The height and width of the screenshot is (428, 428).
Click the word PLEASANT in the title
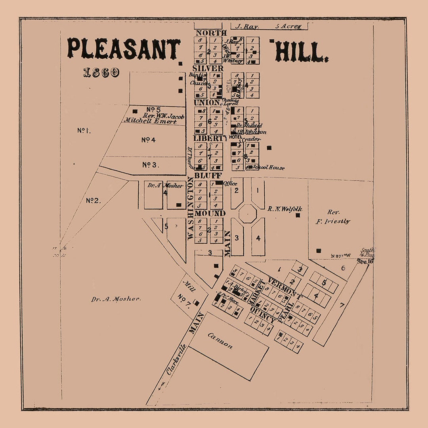(123, 49)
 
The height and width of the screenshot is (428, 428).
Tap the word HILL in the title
(301, 52)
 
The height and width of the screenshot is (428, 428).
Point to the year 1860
(101, 73)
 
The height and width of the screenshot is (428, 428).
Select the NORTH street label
(211, 33)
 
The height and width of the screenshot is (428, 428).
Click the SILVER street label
(208, 68)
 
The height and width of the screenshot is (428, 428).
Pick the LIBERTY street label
(210, 138)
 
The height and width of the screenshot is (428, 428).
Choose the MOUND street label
(210, 214)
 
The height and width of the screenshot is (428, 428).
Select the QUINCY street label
(262, 313)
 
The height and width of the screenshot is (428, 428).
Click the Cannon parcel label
(220, 340)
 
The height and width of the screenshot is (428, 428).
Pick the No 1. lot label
(84, 130)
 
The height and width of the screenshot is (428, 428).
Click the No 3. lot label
(150, 164)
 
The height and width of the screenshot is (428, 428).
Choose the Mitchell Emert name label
(150, 121)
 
